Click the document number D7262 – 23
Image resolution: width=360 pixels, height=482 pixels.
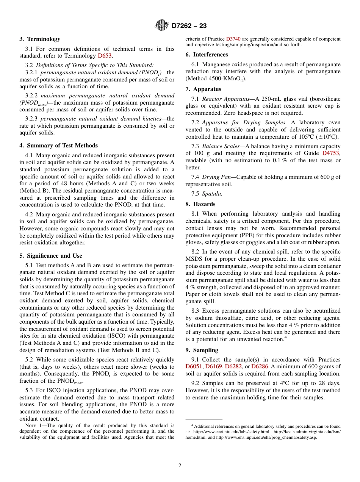pos(189,26)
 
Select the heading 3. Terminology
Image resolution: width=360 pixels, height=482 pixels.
pos(40,39)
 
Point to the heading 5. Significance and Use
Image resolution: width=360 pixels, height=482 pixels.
pos(51,256)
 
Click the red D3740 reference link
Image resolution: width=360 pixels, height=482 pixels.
pos(233,39)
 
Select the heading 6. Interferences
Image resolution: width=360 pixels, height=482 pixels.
pos(207,55)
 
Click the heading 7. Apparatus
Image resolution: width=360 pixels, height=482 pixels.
pos(203,89)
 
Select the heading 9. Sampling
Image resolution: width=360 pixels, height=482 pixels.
pos(202,350)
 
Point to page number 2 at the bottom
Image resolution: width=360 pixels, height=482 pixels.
pos(180,466)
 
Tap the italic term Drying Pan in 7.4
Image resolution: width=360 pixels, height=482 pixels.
pos(214,177)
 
